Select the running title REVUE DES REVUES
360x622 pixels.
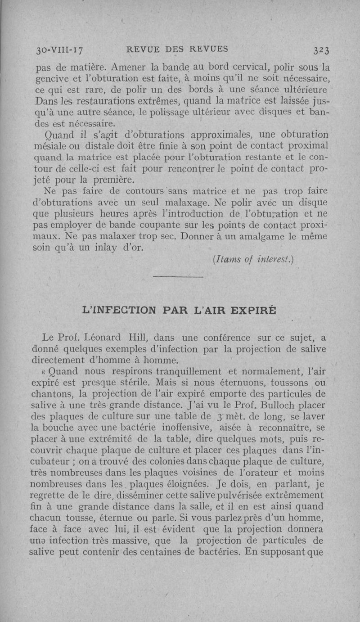[178, 49]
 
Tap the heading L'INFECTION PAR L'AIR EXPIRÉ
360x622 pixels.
[178, 311]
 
